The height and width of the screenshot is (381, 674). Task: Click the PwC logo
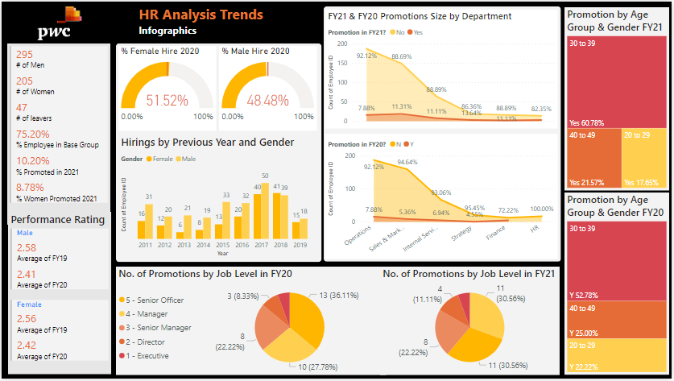[x=60, y=23]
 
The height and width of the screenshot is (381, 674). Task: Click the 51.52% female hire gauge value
[x=167, y=101]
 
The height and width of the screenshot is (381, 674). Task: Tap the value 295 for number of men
[x=25, y=55]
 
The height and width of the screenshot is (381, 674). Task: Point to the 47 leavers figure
[x=22, y=108]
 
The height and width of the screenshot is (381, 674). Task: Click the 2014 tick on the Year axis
[x=204, y=244]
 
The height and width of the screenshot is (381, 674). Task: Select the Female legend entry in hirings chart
[x=161, y=159]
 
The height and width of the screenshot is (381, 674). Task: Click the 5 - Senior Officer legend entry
[x=156, y=300]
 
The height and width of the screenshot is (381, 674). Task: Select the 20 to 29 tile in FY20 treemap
[x=617, y=354]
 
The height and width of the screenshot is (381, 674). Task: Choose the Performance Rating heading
[x=58, y=219]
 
